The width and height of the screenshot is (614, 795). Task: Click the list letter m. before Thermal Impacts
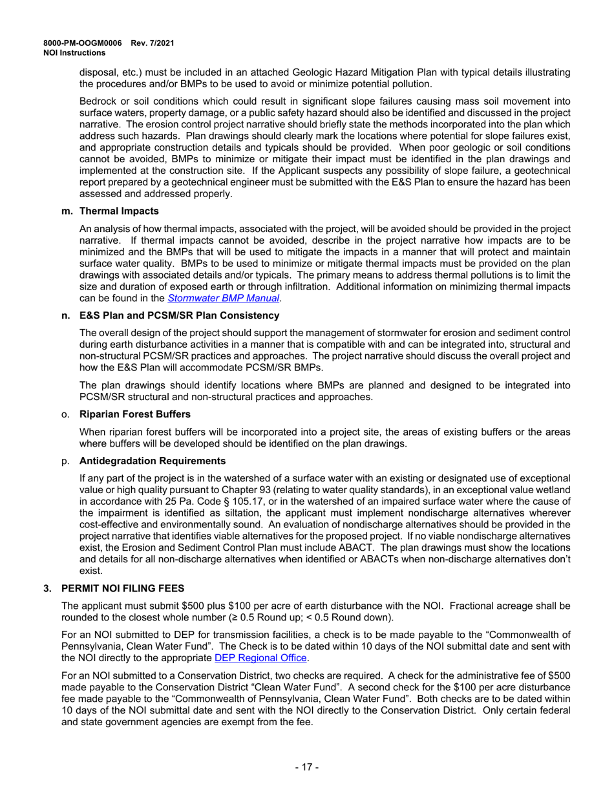(x=65, y=211)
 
